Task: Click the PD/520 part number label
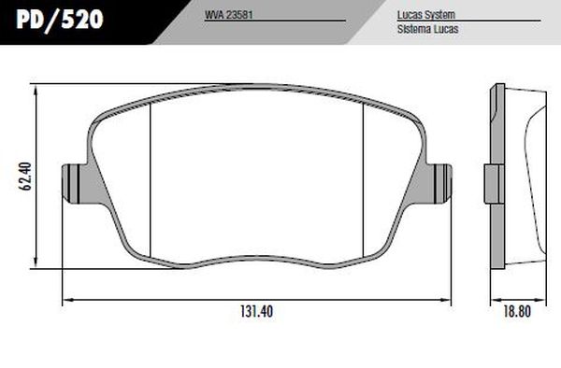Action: pos(58,18)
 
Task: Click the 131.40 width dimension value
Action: pos(253,314)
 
